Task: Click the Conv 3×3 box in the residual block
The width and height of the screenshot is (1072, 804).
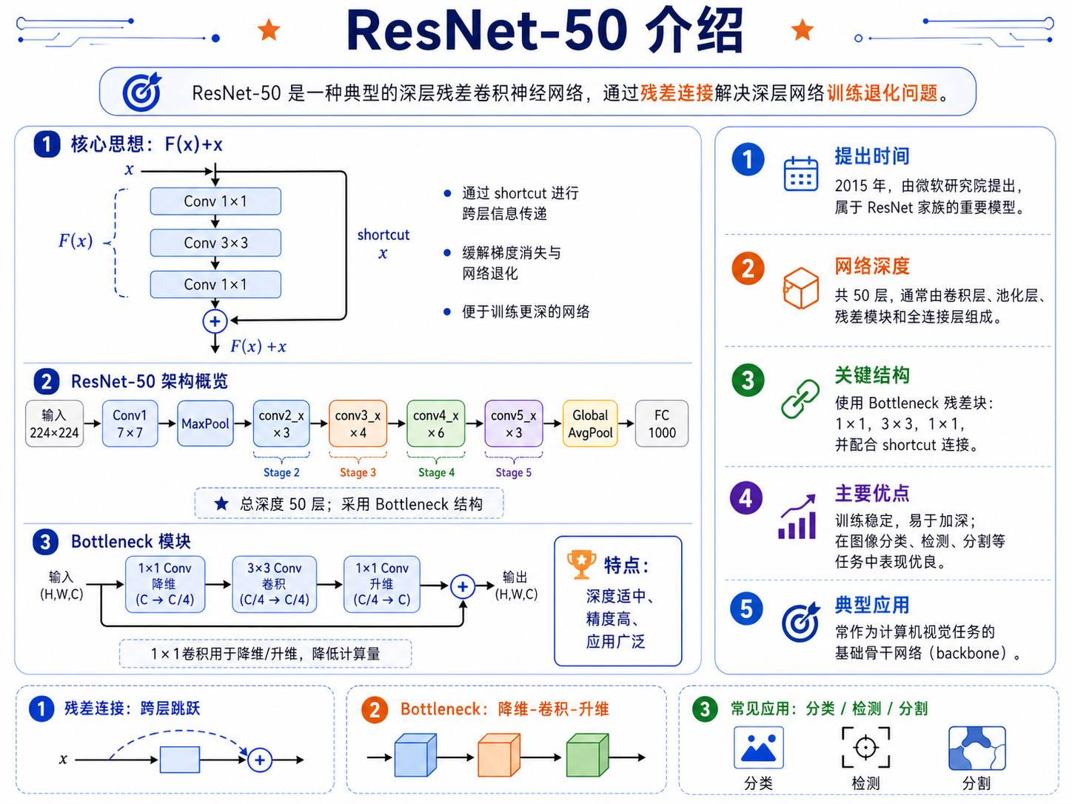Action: (x=215, y=243)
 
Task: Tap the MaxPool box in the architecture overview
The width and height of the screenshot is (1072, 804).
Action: (x=205, y=423)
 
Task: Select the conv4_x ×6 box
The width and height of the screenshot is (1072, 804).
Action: (x=435, y=423)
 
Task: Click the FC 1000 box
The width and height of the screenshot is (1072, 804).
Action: (x=662, y=423)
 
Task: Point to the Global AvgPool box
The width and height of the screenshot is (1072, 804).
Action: (x=590, y=423)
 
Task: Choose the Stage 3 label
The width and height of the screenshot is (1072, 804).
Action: (x=358, y=472)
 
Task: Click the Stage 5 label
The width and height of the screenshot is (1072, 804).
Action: (x=513, y=472)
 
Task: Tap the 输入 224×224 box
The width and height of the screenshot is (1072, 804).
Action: (x=54, y=423)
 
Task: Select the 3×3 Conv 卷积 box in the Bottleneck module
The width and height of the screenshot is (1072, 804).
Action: (x=275, y=584)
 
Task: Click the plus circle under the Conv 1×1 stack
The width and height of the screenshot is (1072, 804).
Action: (x=215, y=321)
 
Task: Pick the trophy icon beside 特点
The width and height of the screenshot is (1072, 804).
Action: (x=581, y=564)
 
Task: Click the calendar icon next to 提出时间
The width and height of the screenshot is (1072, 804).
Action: (x=801, y=174)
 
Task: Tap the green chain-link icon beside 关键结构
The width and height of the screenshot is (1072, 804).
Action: (x=800, y=399)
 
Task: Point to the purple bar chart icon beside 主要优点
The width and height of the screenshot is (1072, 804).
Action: (x=797, y=517)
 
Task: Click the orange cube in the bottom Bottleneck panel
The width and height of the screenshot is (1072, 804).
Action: (x=499, y=754)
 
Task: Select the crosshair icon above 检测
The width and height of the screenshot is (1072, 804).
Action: (x=865, y=747)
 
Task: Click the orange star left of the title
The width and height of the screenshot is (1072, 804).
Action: (x=269, y=30)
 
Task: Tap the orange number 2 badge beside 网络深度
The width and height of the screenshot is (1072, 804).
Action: (x=748, y=269)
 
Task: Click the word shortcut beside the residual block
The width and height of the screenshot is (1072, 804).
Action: (x=383, y=235)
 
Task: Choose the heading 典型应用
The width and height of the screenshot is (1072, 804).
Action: (x=872, y=605)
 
